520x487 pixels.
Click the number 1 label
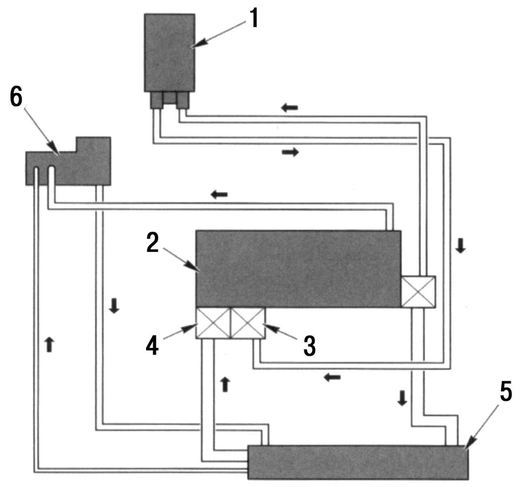254,19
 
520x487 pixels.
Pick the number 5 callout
505,392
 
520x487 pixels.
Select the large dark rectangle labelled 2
298,268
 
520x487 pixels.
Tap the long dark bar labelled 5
357,462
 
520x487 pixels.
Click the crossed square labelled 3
248,323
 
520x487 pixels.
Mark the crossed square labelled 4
213,323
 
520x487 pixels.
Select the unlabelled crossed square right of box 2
418,291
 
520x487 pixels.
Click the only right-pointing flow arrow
290,152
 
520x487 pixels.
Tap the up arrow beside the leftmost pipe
49,344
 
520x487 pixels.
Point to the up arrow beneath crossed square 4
225,384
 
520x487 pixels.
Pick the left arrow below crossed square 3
332,378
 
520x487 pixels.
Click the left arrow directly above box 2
219,194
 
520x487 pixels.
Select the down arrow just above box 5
402,399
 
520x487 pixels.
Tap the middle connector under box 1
169,98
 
